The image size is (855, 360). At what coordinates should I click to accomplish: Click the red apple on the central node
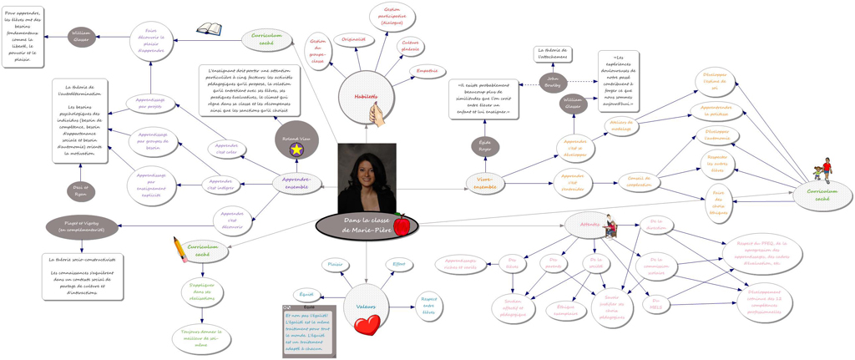tap(402, 224)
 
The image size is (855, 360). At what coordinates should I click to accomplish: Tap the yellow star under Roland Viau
tap(296, 149)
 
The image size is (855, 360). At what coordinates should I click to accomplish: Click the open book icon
tap(209, 30)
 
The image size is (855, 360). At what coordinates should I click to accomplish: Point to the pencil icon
tap(181, 248)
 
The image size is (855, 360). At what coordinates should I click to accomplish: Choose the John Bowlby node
tap(553, 82)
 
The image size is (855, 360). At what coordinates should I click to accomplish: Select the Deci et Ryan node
tap(81, 191)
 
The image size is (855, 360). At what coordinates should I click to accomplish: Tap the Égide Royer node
tap(485, 146)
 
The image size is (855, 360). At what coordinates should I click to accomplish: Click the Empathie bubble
tap(427, 72)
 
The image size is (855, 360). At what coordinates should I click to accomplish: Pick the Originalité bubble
tap(354, 39)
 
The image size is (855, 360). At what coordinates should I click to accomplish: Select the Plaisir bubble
tap(335, 265)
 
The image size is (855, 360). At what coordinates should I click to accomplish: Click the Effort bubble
tap(399, 265)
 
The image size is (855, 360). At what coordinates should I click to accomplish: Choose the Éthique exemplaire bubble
tap(566, 311)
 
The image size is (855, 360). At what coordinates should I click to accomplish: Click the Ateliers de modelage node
tap(622, 125)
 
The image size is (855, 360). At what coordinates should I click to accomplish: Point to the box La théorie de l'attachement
tap(553, 53)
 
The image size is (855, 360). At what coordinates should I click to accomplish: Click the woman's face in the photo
tap(367, 172)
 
